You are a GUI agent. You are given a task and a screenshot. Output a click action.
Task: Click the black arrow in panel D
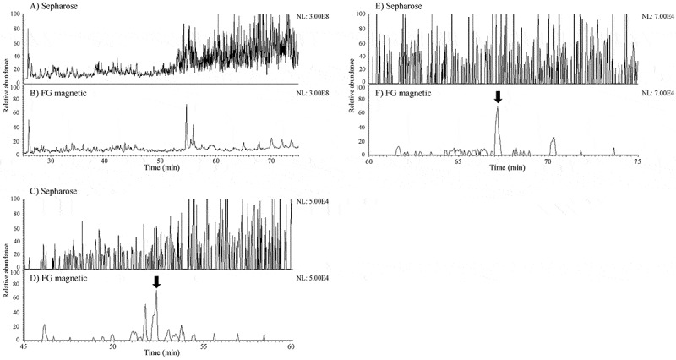pos(155,281)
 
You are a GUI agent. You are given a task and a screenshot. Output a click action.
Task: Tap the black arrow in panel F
pos(499,96)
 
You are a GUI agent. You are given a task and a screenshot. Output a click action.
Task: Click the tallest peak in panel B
pos(186,106)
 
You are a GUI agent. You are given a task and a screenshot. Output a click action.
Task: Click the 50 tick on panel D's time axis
pos(112,346)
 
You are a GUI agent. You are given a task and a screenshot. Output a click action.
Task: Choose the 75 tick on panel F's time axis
pos(636,160)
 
